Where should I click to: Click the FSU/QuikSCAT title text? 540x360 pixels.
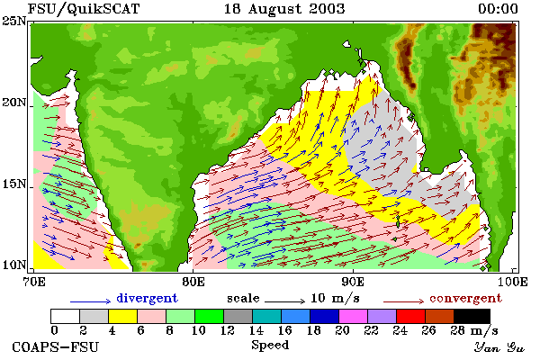tap(84, 9)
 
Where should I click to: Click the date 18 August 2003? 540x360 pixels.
tap(284, 9)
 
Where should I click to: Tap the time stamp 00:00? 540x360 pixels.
tap(498, 9)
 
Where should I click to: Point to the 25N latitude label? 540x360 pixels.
tap(14, 22)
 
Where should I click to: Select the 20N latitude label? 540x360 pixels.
tap(14, 103)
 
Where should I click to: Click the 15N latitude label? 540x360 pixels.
tap(14, 184)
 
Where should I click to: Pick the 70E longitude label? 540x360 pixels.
tap(33, 282)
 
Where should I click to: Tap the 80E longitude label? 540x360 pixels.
tap(193, 282)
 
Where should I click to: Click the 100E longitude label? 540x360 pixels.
tap(512, 282)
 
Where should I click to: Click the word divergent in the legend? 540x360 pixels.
tap(147, 298)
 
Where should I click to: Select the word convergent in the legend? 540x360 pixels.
tap(465, 298)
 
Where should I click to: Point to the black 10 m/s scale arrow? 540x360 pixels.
tap(284, 301)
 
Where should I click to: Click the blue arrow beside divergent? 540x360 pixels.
tap(91, 301)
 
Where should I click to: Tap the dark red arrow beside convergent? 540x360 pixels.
tap(403, 301)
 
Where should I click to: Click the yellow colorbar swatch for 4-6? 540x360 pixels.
tap(122, 316)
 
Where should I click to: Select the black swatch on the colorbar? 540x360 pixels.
tap(472, 316)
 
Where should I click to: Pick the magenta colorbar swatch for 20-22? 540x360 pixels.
tap(353, 316)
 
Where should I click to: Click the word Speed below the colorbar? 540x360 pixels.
tap(270, 345)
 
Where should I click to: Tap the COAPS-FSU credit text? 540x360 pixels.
tap(56, 346)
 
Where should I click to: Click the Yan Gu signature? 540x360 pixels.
tap(499, 347)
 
